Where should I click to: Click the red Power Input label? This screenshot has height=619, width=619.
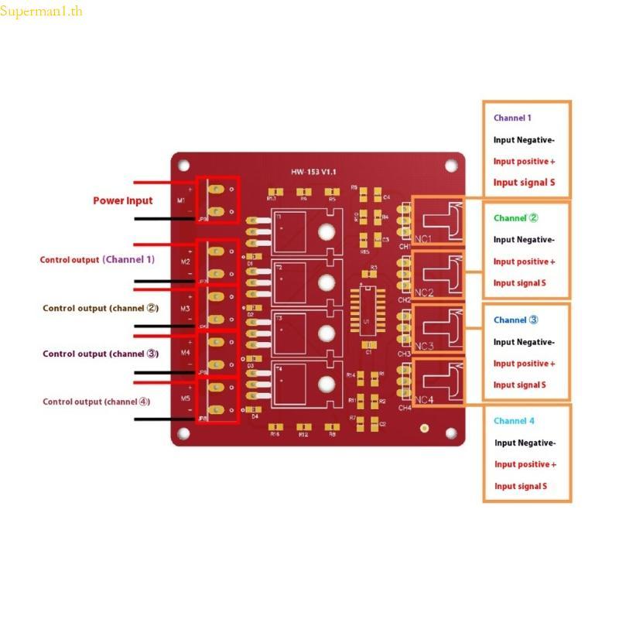pyautogui.click(x=123, y=200)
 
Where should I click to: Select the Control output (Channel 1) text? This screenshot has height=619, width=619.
pyautogui.click(x=97, y=260)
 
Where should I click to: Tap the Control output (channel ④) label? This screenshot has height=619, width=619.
pyautogui.click(x=97, y=402)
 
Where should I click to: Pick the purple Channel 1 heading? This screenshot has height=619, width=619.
pyautogui.click(x=512, y=118)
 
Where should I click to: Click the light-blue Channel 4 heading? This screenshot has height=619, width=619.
pyautogui.click(x=514, y=421)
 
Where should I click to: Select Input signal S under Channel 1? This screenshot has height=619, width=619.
pyautogui.click(x=524, y=183)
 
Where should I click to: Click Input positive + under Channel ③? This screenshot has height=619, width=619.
pyautogui.click(x=525, y=363)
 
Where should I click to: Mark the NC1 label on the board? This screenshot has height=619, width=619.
pyautogui.click(x=424, y=239)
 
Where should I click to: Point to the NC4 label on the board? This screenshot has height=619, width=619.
pyautogui.click(x=424, y=400)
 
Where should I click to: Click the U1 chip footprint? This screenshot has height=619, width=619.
pyautogui.click(x=368, y=318)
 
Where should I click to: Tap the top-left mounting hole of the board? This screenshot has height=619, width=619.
pyautogui.click(x=184, y=165)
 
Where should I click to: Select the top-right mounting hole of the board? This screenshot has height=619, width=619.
pyautogui.click(x=450, y=165)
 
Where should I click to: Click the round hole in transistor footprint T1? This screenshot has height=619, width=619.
pyautogui.click(x=327, y=231)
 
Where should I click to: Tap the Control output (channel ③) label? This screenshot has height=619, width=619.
pyautogui.click(x=101, y=354)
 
